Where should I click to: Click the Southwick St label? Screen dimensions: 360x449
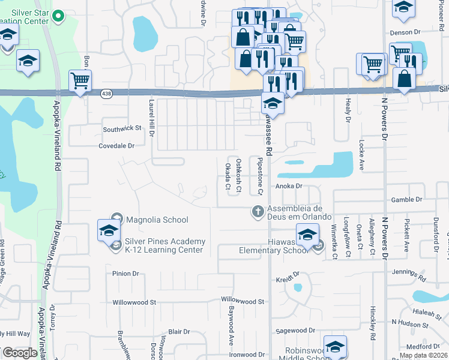(x=122, y=128)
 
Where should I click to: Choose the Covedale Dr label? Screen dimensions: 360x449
(x=117, y=145)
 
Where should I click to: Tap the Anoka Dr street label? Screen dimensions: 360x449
(x=288, y=186)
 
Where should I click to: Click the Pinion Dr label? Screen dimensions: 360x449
(x=125, y=274)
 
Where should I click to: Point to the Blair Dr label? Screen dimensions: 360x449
(x=179, y=331)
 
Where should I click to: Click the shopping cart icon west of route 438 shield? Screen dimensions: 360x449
(x=80, y=80)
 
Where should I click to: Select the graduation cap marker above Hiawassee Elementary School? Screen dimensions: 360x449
(x=307, y=234)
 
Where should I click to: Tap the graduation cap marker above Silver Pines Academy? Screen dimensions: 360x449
(x=109, y=230)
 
